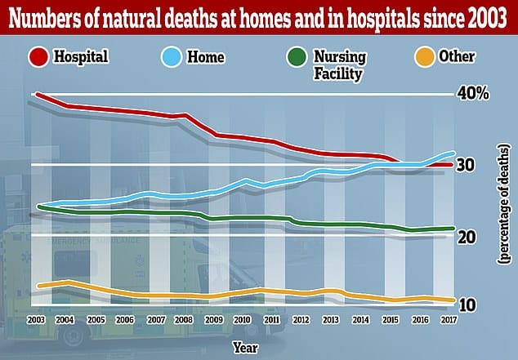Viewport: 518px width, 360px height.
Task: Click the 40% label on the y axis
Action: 474,94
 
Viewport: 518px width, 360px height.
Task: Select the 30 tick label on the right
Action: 467,165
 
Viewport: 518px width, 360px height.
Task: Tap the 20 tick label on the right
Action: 467,237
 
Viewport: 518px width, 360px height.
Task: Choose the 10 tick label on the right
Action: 467,305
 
